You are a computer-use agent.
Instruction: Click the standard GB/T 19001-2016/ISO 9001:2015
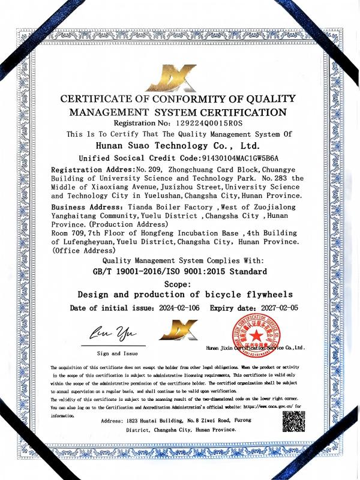click(x=178, y=271)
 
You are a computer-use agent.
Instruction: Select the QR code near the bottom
click(x=293, y=423)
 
